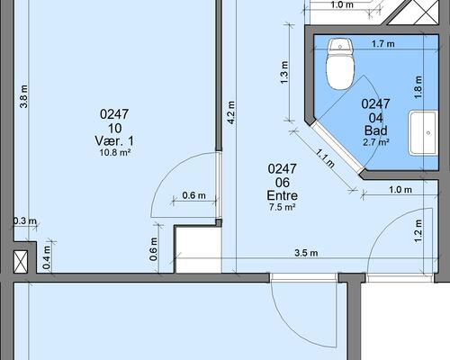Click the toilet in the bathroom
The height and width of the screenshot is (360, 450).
[x=340, y=64]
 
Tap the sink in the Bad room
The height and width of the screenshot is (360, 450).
[x=422, y=132]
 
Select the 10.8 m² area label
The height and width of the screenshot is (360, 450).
[x=115, y=153]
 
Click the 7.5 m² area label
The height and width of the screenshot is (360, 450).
[x=283, y=207]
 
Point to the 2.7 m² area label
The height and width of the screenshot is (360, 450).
[x=376, y=141]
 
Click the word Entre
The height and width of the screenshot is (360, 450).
[x=283, y=195]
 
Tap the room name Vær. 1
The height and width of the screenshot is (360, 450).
[x=114, y=141]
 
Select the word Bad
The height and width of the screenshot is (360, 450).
[x=376, y=130]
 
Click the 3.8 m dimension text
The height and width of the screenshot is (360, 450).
[x=23, y=96]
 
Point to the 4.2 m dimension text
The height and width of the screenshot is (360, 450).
[x=231, y=112]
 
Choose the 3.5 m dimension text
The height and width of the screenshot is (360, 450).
[x=306, y=253]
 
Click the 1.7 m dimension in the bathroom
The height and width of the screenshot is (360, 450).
[x=383, y=44]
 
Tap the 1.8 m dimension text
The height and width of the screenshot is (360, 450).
[x=418, y=87]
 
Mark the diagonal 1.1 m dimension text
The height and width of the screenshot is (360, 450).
[x=325, y=158]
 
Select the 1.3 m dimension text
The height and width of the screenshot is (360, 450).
[x=284, y=73]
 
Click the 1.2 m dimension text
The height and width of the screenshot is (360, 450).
[x=418, y=231]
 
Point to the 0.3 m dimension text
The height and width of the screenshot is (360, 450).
[x=25, y=221]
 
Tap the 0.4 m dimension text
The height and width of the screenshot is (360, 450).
[x=47, y=257]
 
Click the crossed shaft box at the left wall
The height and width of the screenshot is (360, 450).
[x=21, y=262]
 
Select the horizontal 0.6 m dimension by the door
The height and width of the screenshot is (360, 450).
[x=194, y=195]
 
